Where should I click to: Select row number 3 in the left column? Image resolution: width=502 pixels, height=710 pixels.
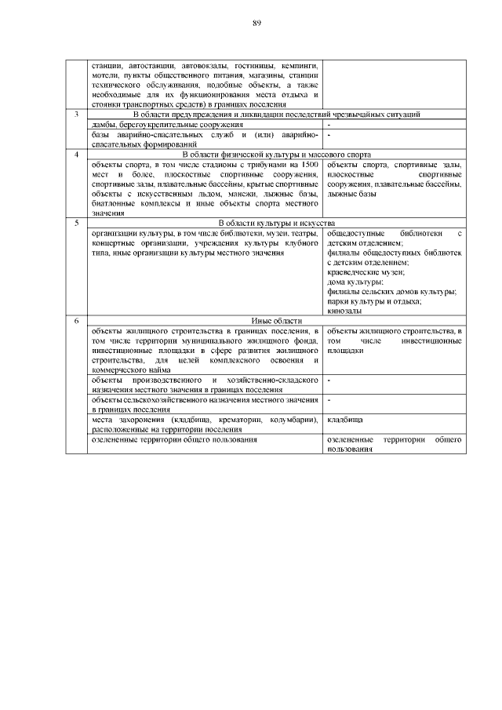(x=76, y=115)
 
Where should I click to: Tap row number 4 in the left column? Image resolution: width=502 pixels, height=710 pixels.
(x=76, y=155)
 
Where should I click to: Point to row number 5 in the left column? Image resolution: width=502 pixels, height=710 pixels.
(x=76, y=224)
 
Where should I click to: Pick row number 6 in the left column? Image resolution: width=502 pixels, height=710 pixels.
(x=76, y=321)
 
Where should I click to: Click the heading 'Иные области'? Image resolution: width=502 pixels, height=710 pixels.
(x=271, y=321)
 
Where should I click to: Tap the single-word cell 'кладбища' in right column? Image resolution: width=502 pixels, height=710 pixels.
(x=344, y=421)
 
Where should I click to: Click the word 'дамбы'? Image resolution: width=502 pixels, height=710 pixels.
(x=103, y=126)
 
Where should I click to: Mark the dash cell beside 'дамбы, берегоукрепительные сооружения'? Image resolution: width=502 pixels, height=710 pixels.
(x=329, y=126)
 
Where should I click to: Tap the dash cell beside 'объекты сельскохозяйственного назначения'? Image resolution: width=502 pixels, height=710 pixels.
(x=329, y=400)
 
